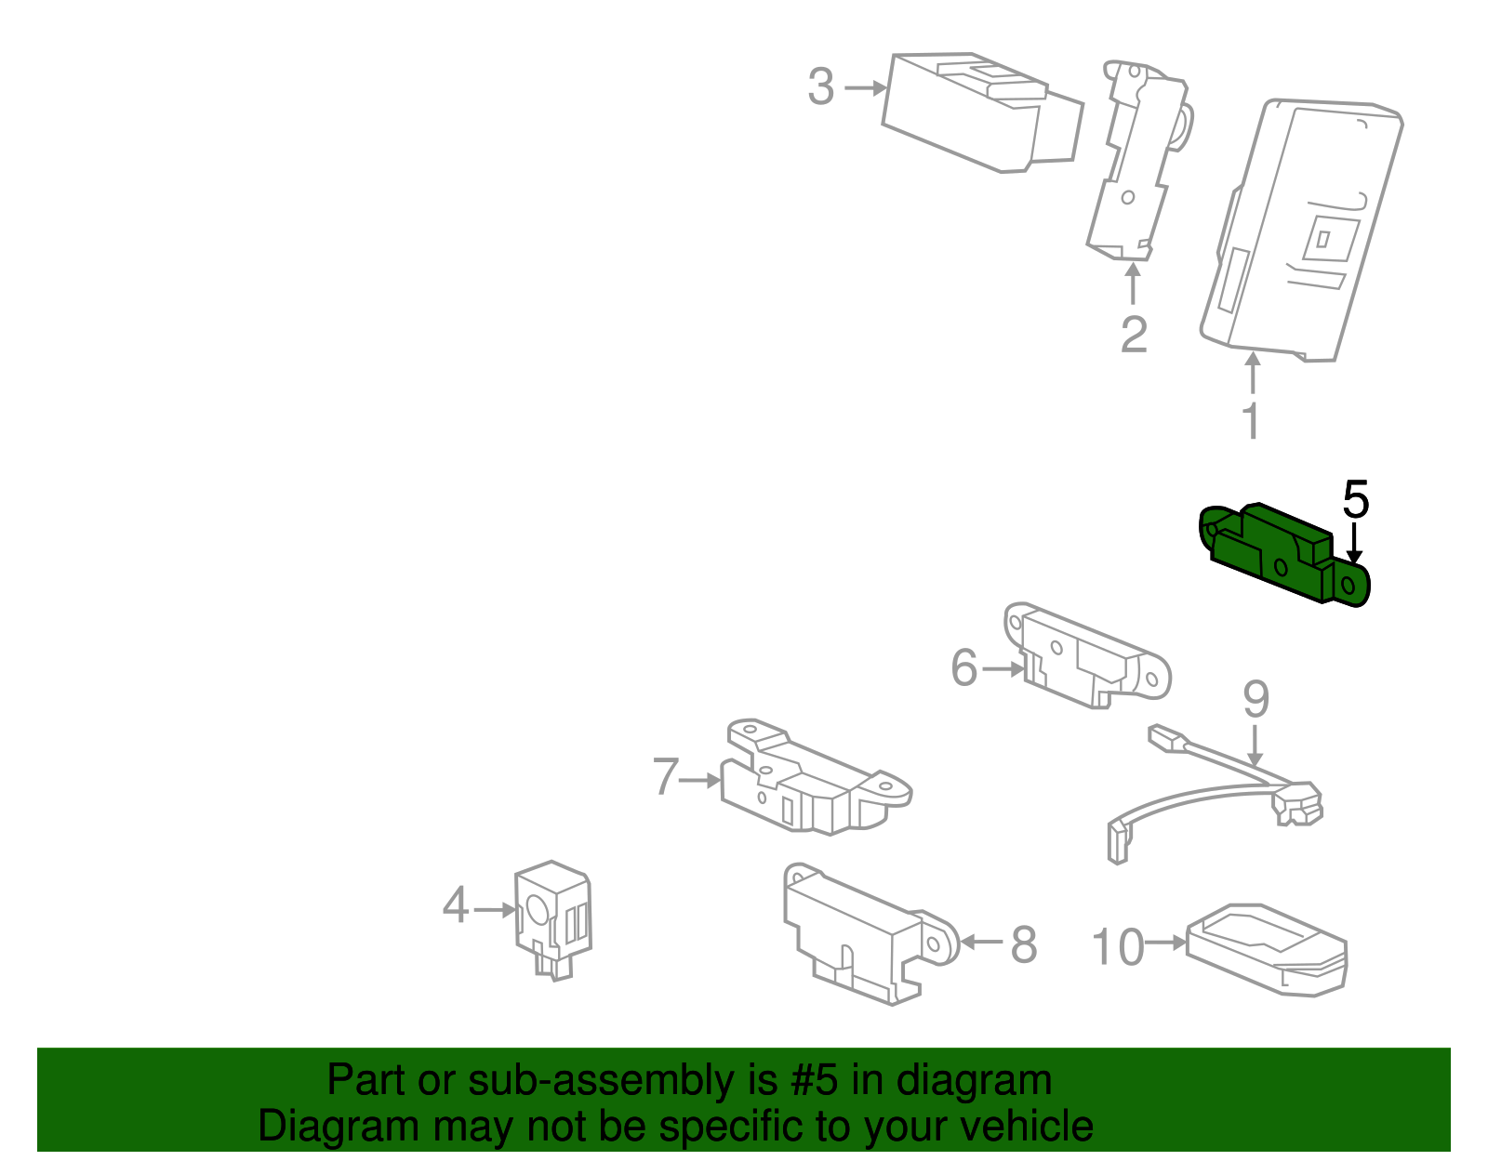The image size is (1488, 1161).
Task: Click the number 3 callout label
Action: (820, 87)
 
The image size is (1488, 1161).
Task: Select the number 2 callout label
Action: (1133, 335)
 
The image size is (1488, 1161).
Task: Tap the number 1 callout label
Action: (1252, 421)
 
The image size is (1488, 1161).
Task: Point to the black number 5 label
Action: (1355, 500)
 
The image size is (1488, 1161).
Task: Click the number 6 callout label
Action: (964, 667)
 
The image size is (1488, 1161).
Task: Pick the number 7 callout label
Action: (666, 777)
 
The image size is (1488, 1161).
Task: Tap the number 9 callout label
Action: (1255, 699)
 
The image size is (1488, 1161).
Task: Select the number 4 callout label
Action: (455, 905)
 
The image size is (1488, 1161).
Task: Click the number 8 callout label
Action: (1023, 945)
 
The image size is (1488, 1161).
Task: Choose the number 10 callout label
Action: (1117, 947)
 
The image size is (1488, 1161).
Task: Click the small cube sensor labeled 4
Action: (552, 916)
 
